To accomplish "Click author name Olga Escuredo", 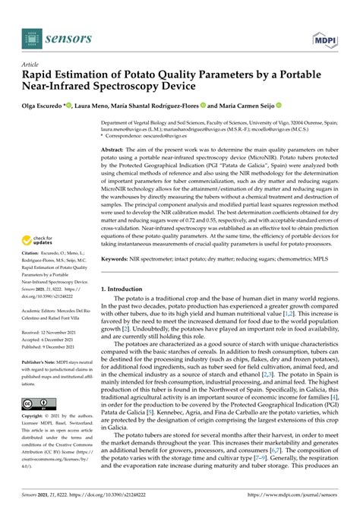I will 45,106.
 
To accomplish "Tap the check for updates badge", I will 38,248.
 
